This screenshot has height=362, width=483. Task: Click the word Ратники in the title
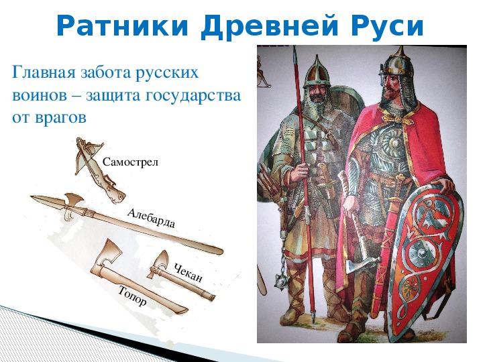pyautogui.click(x=122, y=26)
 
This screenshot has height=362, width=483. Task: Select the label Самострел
pyautogui.click(x=130, y=162)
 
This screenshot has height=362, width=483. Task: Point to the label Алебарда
pyautogui.click(x=151, y=218)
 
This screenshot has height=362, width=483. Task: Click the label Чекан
pyautogui.click(x=189, y=273)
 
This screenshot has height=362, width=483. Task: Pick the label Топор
pyautogui.click(x=132, y=296)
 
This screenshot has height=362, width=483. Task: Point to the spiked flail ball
pyautogui.click(x=282, y=281)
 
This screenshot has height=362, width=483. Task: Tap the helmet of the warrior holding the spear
pyautogui.click(x=317, y=73)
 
